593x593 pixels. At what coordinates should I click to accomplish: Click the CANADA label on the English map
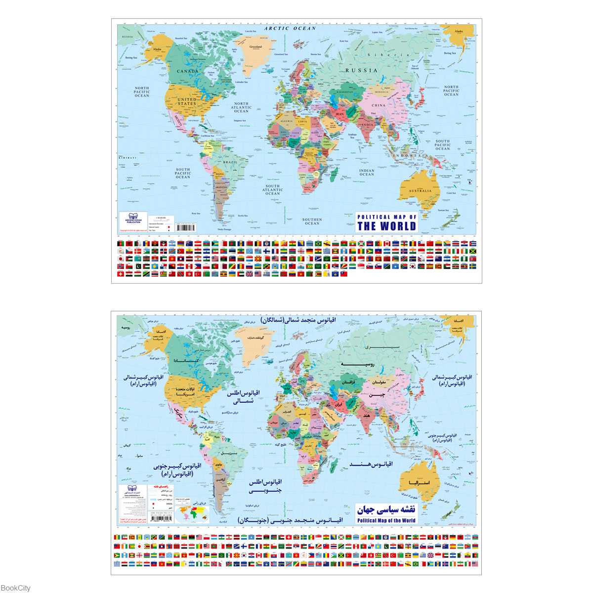[x=188, y=71]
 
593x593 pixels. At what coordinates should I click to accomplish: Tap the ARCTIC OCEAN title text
[x=290, y=29]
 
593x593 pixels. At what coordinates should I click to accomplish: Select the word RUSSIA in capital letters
[x=361, y=71]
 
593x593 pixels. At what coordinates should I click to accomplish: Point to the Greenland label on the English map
[x=255, y=47]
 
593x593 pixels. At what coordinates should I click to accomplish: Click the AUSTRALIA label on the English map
[x=420, y=191]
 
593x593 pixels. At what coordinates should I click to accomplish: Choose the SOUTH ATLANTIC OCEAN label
[x=272, y=190]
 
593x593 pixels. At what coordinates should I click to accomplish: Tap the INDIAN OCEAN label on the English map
[x=367, y=172]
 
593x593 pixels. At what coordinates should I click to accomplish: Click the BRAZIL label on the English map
[x=230, y=162]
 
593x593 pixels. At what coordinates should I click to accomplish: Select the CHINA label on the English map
[x=378, y=105]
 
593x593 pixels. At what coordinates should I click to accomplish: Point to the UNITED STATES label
[x=187, y=101]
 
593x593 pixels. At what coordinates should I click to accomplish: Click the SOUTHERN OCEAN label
[x=312, y=221]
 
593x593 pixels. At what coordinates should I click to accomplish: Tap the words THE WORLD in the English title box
[x=386, y=226]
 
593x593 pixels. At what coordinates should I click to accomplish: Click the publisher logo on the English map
[x=133, y=217]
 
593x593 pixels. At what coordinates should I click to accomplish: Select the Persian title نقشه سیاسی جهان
[x=386, y=509]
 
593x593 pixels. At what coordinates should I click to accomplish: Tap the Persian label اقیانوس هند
[x=371, y=464]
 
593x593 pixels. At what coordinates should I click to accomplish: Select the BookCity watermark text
[x=15, y=588]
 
